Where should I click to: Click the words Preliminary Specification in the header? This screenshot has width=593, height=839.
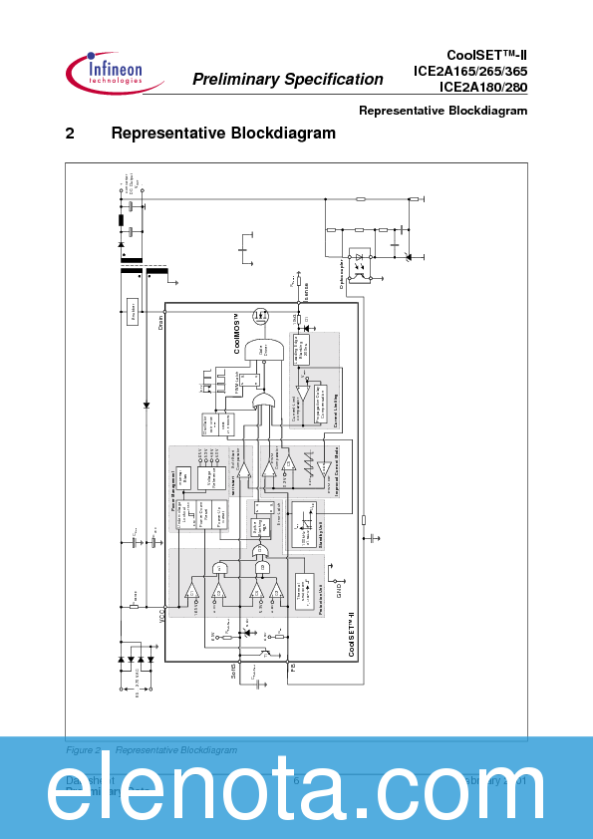[x=287, y=80]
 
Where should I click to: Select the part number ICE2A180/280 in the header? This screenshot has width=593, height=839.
[x=483, y=86]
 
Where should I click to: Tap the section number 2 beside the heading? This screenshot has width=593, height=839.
[x=70, y=134]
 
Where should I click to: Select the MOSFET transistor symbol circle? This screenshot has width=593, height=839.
[x=262, y=317]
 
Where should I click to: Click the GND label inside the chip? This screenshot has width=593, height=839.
[x=340, y=591]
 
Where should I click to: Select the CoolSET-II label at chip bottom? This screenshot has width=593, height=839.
[x=351, y=635]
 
